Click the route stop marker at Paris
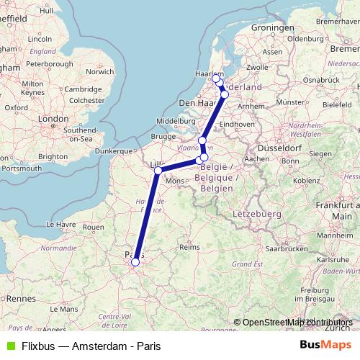coord(135,262)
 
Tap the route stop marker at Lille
coord(158,171)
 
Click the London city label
coord(53,119)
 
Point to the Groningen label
coord(273,28)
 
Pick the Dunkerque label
coord(115,151)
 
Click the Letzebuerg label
coord(256,214)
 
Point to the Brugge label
coord(163,137)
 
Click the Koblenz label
coord(306,180)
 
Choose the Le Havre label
coord(55,224)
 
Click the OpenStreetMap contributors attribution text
coord(297,323)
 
